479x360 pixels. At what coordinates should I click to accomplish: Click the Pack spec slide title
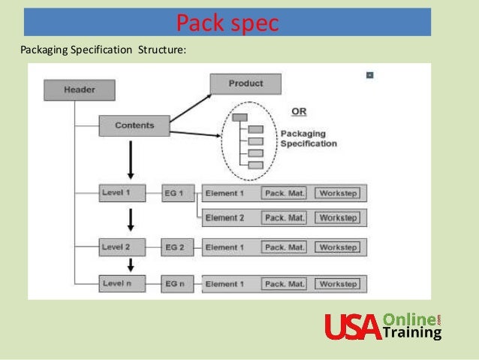click(x=227, y=23)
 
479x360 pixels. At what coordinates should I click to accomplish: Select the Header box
click(x=80, y=90)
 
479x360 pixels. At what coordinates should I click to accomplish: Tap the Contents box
click(x=134, y=126)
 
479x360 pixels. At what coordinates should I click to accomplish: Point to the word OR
click(x=299, y=112)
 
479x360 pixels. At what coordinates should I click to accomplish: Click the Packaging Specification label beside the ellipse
click(x=308, y=139)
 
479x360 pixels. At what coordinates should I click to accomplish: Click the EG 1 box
click(x=178, y=193)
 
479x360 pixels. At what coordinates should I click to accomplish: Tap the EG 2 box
click(x=178, y=247)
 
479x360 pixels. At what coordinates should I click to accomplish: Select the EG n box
click(x=178, y=283)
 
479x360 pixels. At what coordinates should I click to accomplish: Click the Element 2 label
click(x=225, y=218)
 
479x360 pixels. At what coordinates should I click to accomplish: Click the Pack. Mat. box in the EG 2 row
click(x=285, y=247)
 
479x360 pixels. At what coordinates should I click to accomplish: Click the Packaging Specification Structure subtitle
click(x=102, y=50)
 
